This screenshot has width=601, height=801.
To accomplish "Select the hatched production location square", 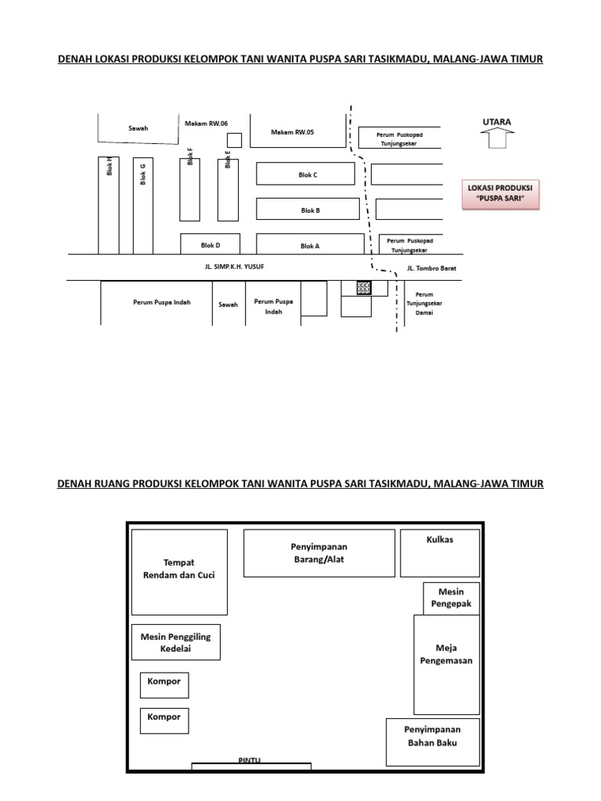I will point(363,288).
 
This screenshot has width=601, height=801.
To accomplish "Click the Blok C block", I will point(308,175).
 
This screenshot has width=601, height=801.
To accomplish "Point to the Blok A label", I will point(310,246).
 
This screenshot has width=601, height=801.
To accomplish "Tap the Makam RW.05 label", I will point(292,132).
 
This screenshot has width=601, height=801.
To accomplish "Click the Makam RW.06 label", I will point(206,124).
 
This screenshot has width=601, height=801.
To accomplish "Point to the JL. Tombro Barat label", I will point(431,268).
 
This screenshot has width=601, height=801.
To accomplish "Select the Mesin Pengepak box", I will point(452,598).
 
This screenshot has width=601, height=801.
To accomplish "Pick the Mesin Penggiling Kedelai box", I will point(176,642).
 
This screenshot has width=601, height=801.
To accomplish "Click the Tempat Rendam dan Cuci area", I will point(179,572).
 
